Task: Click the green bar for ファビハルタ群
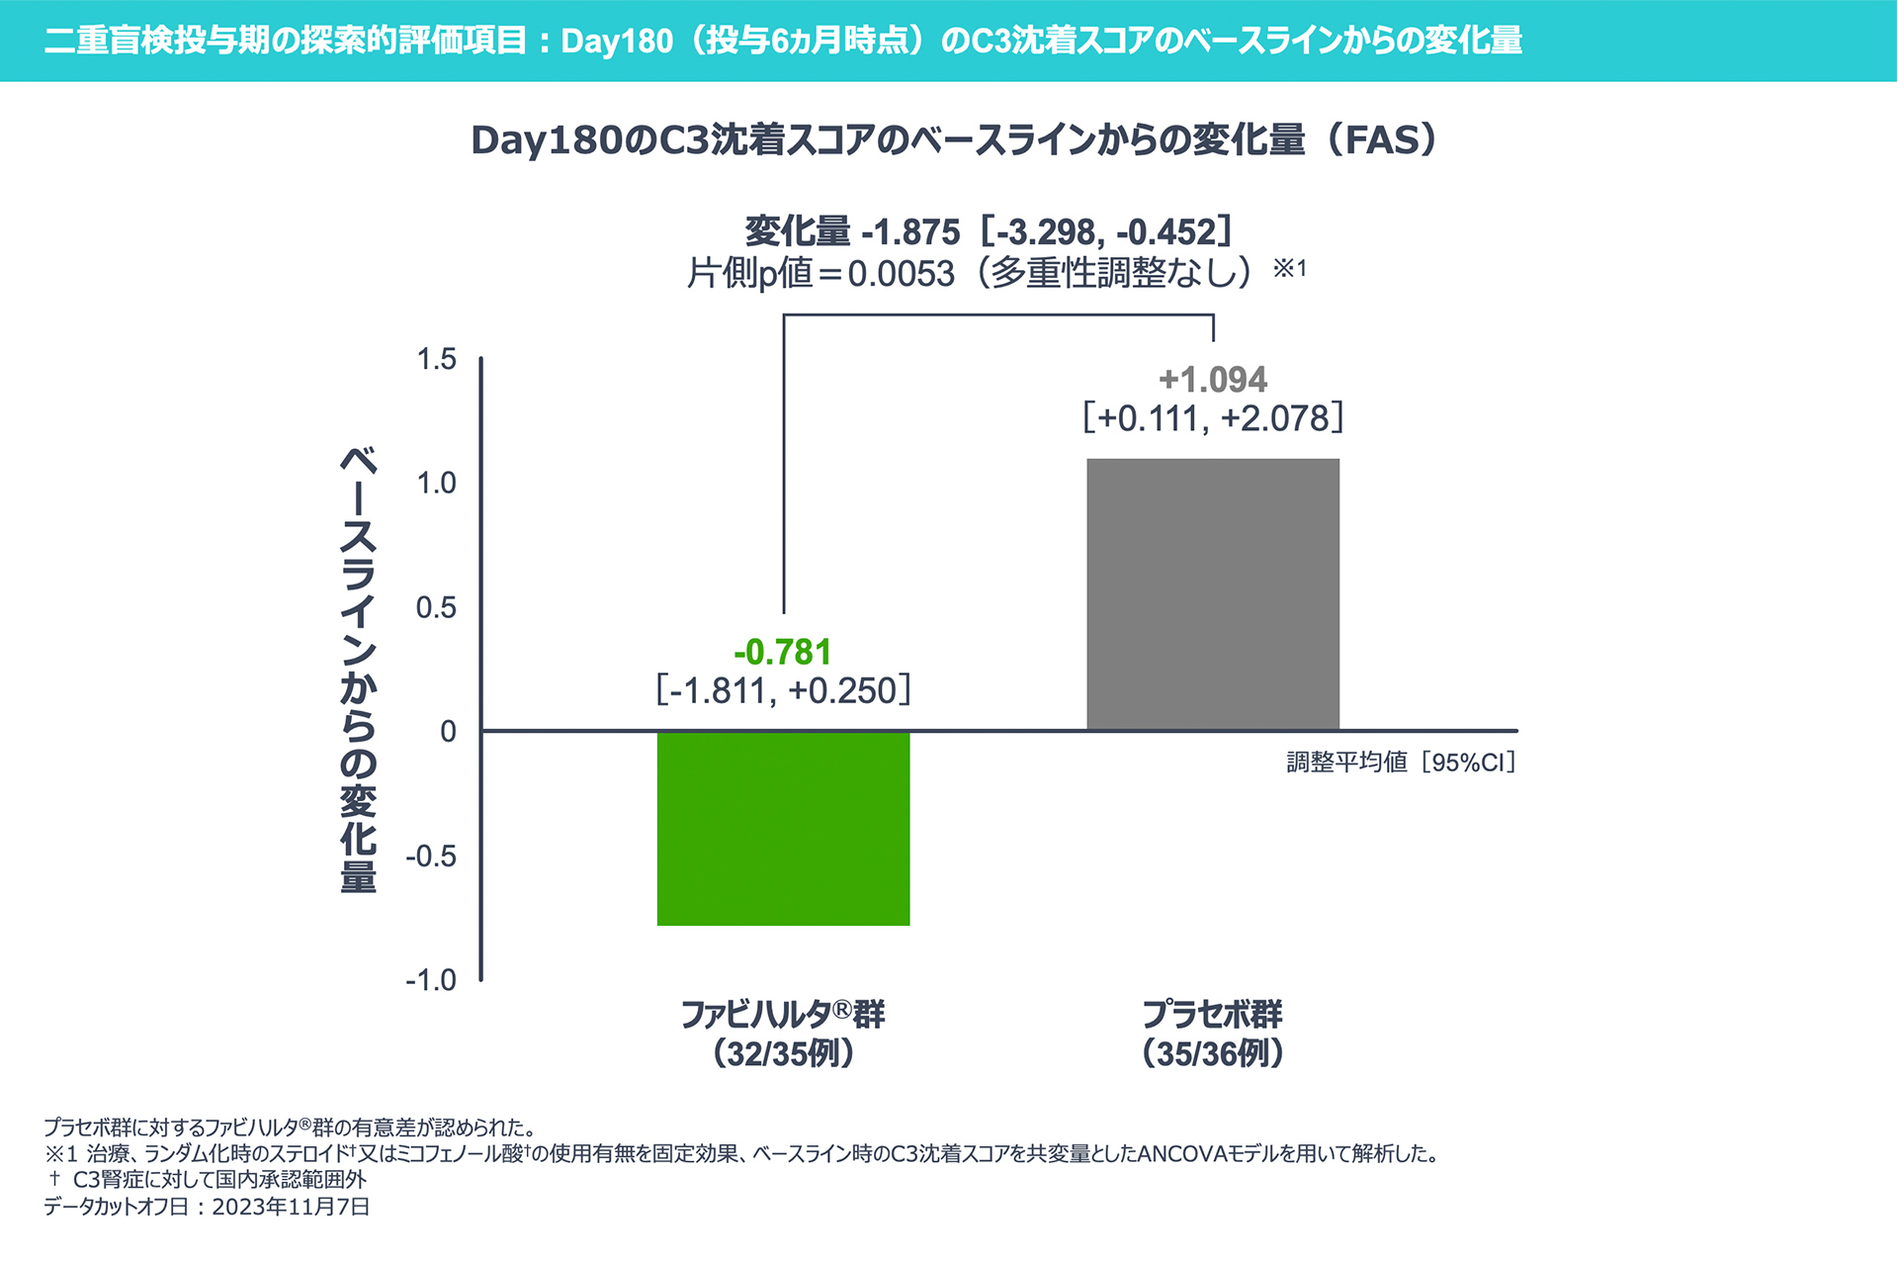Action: coord(783,828)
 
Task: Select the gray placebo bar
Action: coord(1213,593)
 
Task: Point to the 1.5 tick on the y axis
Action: coord(437,359)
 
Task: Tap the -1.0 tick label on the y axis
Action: coord(431,980)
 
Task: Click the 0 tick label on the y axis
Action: coord(448,732)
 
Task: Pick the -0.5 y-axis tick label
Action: coord(431,856)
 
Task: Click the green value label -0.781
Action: coord(783,653)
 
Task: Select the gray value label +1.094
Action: coord(1213,380)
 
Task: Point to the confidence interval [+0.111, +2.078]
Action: coord(1213,418)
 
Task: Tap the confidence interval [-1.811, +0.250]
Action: coord(783,690)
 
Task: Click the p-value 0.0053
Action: coord(901,274)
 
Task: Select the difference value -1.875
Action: coord(910,232)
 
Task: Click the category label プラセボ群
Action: coord(1212,1014)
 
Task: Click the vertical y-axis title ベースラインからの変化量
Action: coord(358,670)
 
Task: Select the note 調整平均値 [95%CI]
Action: coord(1401,763)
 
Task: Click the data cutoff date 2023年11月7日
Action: coord(291,1207)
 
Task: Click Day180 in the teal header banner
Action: coord(617,42)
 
